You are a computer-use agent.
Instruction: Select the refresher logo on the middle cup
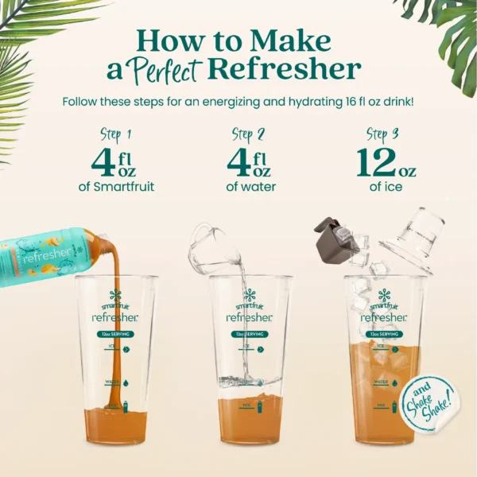coord(249,316)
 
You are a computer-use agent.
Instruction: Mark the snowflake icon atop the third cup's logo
coord(384,294)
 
